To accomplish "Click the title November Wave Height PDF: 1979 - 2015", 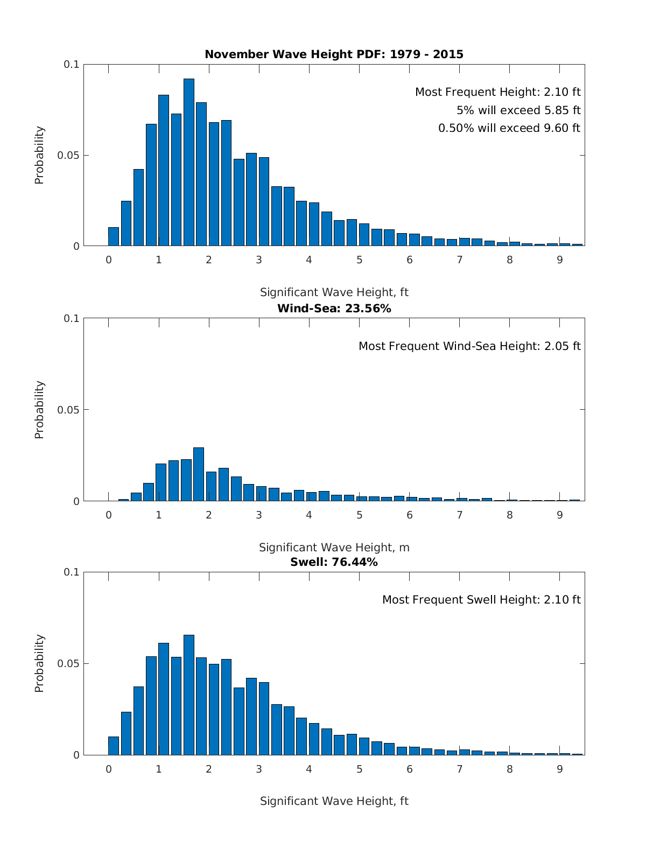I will point(334,54).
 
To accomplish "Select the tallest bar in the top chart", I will point(189,162).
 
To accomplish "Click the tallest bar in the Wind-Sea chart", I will point(199,474).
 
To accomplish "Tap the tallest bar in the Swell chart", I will point(189,695).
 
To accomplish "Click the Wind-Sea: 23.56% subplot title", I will point(334,309).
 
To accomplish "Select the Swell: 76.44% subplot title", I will point(334,562).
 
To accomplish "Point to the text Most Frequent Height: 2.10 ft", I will point(497,92).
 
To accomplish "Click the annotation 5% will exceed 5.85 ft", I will point(518,110).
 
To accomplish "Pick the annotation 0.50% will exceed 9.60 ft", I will point(509,128).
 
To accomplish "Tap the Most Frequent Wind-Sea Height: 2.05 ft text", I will point(469,346).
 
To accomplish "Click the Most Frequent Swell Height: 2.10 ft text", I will point(481,600).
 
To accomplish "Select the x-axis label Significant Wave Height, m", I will point(334,548).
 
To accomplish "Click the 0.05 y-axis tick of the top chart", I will point(68,156).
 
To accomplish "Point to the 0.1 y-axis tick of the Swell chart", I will point(72,572).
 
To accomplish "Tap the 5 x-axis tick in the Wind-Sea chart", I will point(359,515).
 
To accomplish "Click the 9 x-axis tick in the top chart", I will point(560,260).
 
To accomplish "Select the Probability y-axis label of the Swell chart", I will point(39,663).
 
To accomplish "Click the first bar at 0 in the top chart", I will point(114,236).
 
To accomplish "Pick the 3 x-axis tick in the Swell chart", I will point(259,769).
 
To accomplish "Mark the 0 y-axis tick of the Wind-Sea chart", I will point(76,501).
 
